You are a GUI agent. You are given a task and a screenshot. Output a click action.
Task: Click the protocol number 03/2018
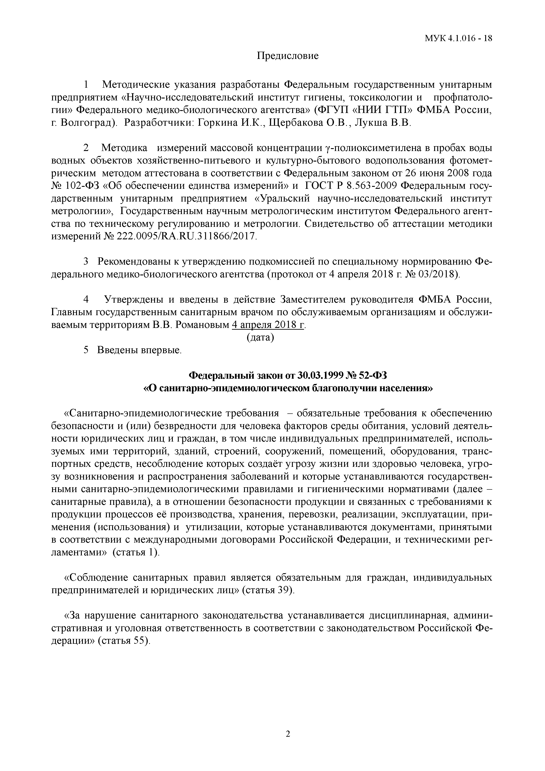[x=438, y=274]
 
